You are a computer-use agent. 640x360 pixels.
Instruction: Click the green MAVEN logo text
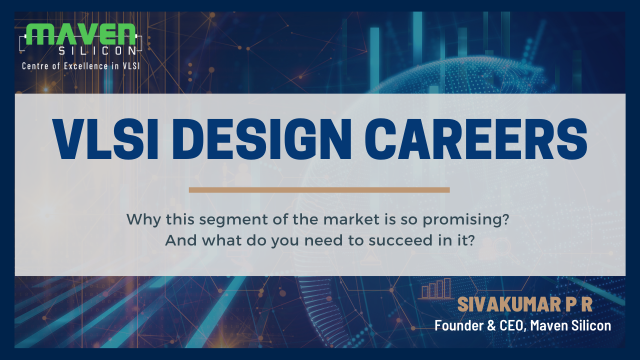click(81, 34)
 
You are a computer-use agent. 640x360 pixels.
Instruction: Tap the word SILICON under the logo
click(97, 51)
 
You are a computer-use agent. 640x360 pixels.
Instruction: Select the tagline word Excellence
click(85, 66)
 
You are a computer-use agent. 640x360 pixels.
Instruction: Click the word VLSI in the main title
click(105, 138)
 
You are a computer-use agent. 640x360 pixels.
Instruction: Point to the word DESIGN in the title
click(262, 138)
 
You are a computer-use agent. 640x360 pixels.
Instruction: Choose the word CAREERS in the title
click(476, 138)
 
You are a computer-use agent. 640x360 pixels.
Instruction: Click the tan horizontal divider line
click(319, 190)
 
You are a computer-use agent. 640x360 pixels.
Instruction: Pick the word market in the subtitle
click(351, 219)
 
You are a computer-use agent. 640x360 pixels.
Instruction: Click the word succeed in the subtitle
click(401, 240)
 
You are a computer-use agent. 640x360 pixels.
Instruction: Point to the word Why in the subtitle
click(143, 220)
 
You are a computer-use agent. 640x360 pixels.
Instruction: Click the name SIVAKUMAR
click(509, 304)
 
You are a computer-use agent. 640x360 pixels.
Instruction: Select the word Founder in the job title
click(459, 325)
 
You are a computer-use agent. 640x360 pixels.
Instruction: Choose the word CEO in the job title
click(512, 325)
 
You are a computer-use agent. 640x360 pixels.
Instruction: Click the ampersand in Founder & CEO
click(491, 325)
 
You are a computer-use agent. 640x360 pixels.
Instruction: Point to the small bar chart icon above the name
click(436, 288)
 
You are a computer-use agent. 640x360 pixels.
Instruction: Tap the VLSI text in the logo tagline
click(131, 66)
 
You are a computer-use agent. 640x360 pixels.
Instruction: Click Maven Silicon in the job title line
click(570, 325)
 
